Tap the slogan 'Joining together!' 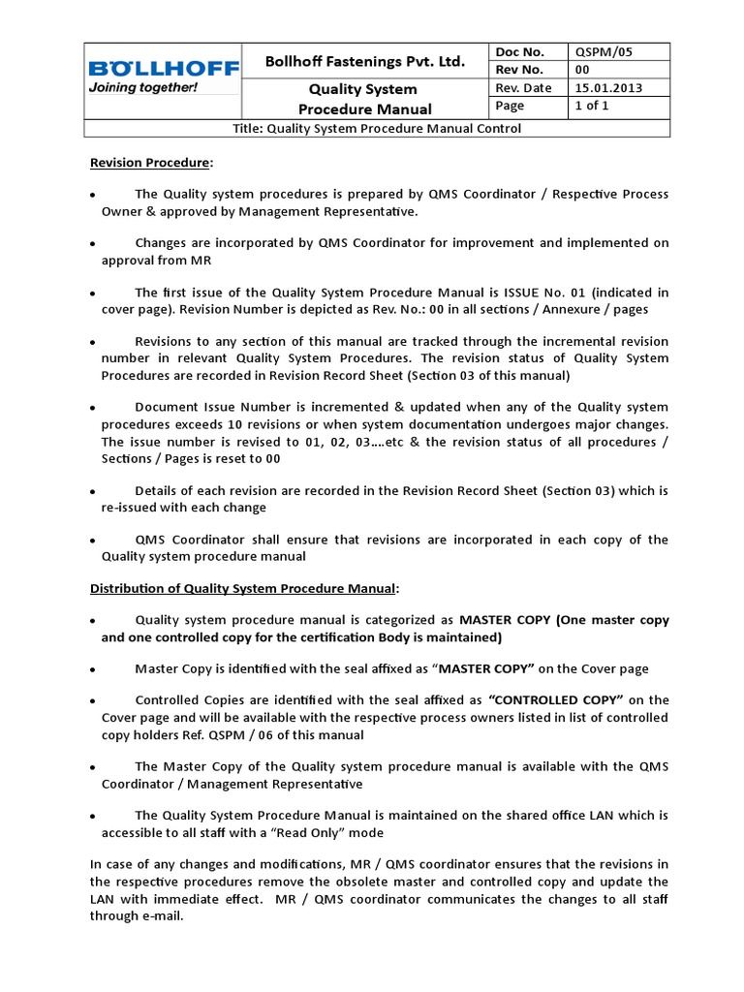coord(143,88)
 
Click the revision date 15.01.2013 coord(608,88)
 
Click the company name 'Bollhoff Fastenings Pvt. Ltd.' coord(365,62)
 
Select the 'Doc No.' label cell coord(519,52)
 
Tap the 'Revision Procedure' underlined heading coord(150,162)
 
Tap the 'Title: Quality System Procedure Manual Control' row coord(377,128)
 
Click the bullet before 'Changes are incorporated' coord(92,244)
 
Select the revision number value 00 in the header coord(583,70)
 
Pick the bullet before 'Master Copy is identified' coord(92,669)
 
